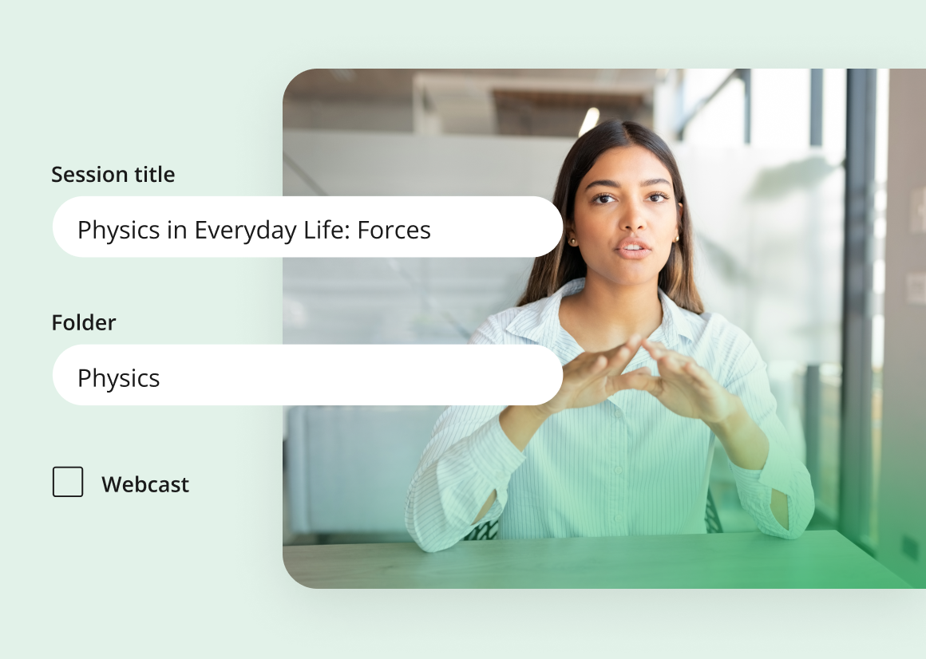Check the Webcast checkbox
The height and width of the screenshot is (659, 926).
click(68, 481)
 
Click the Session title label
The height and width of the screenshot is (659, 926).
click(113, 175)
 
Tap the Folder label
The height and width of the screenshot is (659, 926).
click(84, 322)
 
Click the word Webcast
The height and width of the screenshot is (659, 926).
click(145, 484)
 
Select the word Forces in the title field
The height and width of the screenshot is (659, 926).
click(394, 230)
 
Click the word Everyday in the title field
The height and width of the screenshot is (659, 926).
click(246, 231)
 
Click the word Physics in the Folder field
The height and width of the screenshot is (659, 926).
click(119, 378)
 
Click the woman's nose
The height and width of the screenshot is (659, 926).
click(635, 219)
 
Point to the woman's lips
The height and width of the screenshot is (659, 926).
click(633, 248)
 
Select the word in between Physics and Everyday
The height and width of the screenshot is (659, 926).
click(177, 230)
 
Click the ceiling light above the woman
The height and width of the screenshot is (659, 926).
click(588, 121)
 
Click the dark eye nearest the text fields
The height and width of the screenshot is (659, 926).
click(603, 198)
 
